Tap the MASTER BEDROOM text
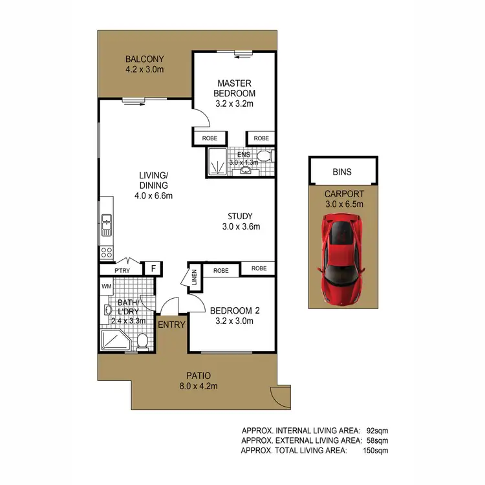[234, 88]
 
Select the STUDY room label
[240, 216]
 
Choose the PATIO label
[199, 375]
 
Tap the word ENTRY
[171, 325]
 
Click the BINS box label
[342, 173]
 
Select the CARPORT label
[343, 193]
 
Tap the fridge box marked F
[153, 269]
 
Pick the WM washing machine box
[107, 285]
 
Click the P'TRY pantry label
[123, 270]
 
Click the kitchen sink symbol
[106, 224]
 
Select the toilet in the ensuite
[263, 156]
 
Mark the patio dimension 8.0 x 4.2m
[199, 386]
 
